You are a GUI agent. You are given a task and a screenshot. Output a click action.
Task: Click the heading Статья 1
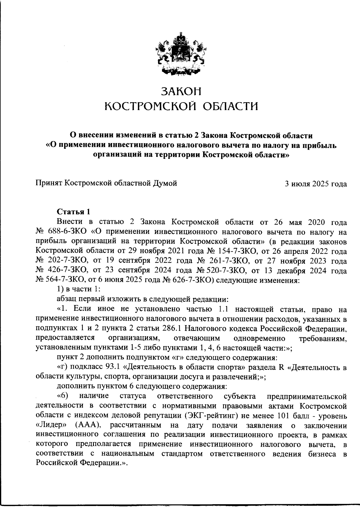73,212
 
